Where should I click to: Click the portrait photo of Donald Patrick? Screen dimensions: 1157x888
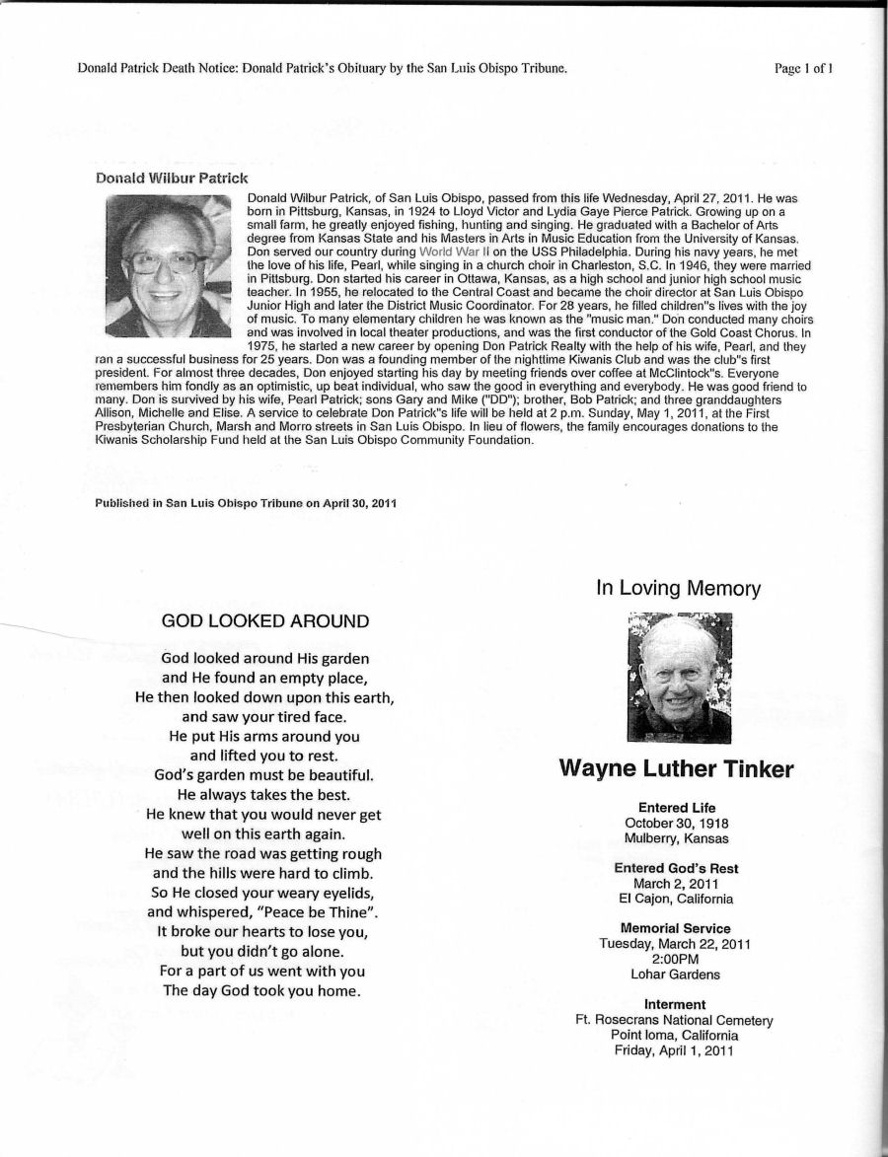(168, 266)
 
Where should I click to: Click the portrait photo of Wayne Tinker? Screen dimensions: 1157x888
(680, 678)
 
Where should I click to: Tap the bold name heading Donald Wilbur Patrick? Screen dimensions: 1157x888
(171, 178)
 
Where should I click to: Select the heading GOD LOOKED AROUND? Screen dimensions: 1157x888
(265, 621)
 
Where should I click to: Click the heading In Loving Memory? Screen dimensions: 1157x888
(678, 589)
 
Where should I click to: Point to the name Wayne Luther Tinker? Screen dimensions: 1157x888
(676, 769)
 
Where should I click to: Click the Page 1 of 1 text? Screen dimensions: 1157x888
(805, 68)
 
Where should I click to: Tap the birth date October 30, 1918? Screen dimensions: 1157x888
(677, 824)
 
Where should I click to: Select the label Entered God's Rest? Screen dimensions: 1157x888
(676, 868)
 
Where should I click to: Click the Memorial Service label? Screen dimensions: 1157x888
(676, 928)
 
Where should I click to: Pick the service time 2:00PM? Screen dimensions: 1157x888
(676, 959)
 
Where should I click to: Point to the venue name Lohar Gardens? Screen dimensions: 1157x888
(676, 975)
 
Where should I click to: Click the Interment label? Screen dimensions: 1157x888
(676, 1005)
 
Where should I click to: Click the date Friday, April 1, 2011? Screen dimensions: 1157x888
(676, 1050)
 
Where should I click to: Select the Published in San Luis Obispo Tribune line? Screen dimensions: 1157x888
(246, 503)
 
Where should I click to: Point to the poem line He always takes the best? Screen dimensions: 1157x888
(263, 794)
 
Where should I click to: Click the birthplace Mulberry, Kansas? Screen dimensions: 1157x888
(676, 838)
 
